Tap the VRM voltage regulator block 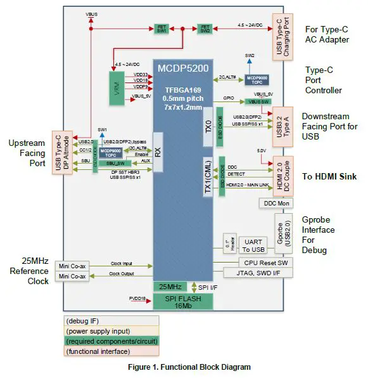click(115, 86)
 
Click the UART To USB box click(252, 244)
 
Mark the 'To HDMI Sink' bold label click(330, 177)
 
